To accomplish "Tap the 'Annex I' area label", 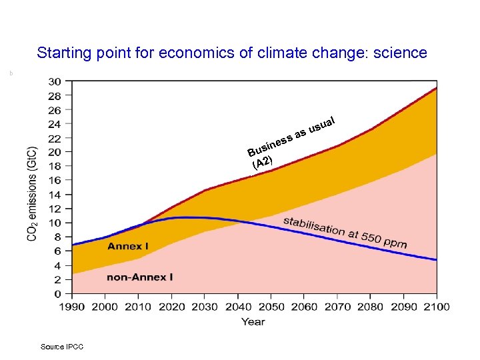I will (128, 247).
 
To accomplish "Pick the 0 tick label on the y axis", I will (59, 294).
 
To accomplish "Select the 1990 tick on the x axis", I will (72, 307).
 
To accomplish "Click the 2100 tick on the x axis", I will (436, 307).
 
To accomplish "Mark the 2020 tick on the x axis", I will (171, 307).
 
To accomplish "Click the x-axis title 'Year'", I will (253, 321).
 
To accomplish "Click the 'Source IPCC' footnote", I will (62, 347).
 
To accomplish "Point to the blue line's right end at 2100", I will (436, 259).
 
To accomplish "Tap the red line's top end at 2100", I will (436, 88).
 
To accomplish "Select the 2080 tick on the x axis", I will (370, 307).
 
